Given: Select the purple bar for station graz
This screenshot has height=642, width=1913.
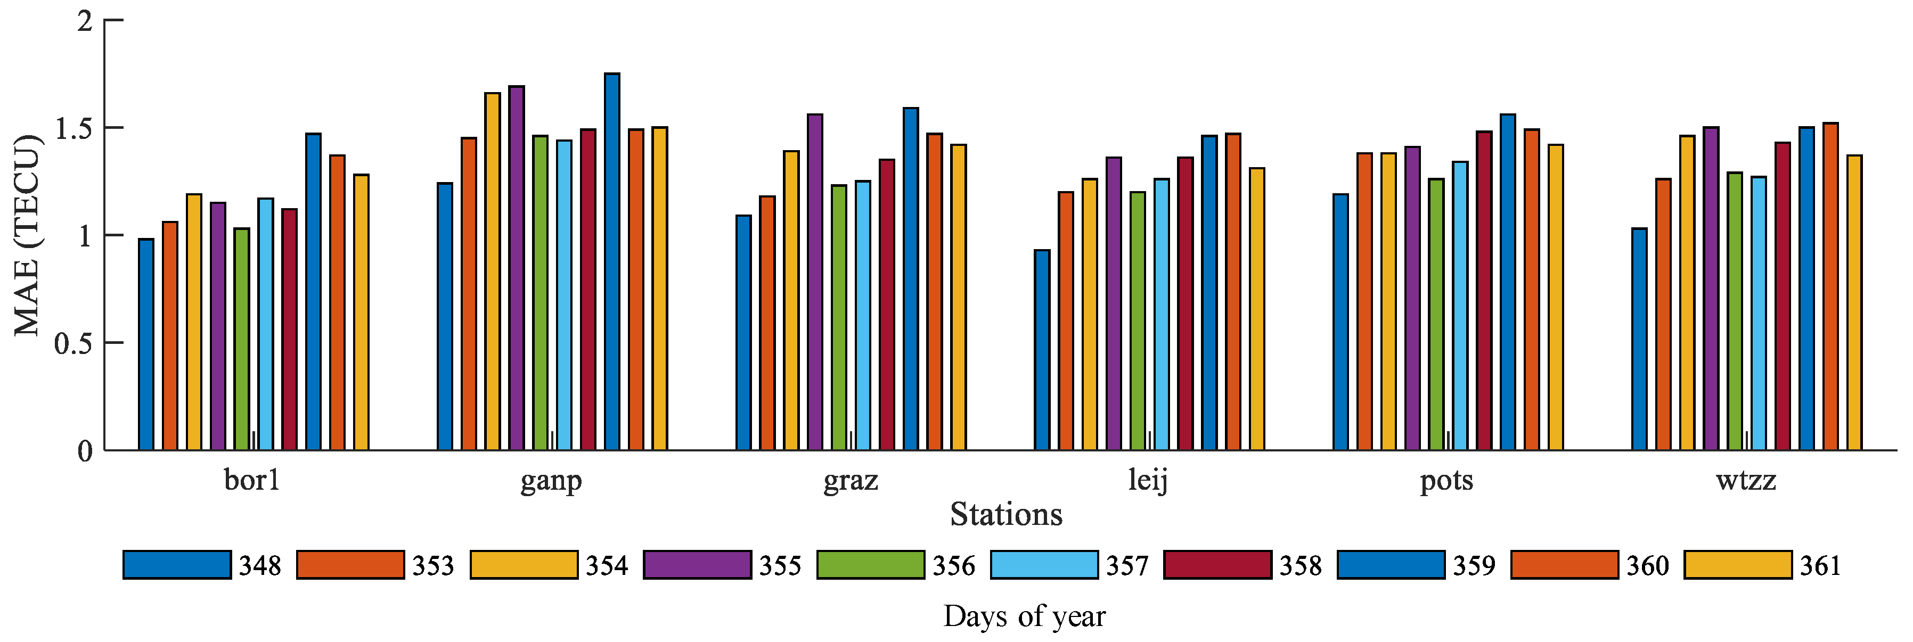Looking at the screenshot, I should coord(815,282).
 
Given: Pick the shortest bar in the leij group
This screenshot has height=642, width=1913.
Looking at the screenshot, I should coord(1042,350).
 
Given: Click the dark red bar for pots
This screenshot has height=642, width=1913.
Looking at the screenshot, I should coord(1484,291).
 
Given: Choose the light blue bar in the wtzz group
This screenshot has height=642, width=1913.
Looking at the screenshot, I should coord(1759,313).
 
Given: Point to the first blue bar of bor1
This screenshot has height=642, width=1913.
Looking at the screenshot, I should coord(146,344).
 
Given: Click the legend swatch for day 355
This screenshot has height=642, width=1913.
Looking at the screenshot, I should coord(697,565).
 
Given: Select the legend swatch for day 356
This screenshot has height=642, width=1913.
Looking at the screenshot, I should coord(870,565).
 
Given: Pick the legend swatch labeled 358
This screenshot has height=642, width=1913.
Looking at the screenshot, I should coord(1217,565).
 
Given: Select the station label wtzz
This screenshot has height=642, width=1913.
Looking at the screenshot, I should coord(1746,481).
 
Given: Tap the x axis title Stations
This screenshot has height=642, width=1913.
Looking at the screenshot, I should coord(1005,514).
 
